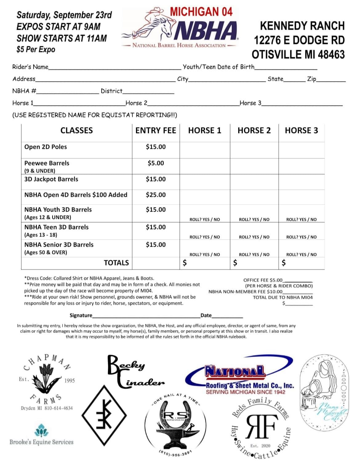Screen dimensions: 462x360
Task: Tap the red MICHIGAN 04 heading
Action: (201, 12)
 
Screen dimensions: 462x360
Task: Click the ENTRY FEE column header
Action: (156, 130)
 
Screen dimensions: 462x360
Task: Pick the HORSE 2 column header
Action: (254, 130)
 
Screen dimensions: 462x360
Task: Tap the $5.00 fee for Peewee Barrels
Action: (156, 163)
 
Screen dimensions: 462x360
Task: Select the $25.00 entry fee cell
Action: (156, 195)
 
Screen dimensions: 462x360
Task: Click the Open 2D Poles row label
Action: (46, 147)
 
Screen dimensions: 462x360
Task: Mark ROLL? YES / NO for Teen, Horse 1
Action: (205, 237)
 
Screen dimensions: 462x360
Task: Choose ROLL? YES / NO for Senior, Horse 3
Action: (301, 254)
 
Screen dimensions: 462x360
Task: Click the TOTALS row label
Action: (116, 263)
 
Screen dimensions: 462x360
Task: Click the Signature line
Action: (146, 316)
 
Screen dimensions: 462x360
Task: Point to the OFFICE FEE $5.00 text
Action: (263, 280)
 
